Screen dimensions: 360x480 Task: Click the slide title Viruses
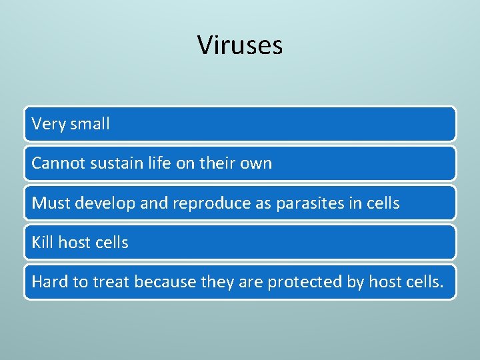[240, 45]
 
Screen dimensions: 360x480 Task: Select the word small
[89, 124]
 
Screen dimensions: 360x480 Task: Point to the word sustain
[114, 163]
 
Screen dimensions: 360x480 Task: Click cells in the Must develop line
[381, 203]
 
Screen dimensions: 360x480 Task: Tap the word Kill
[42, 242]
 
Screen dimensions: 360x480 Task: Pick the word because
[165, 281]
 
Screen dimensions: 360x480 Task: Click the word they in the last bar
[215, 282]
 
